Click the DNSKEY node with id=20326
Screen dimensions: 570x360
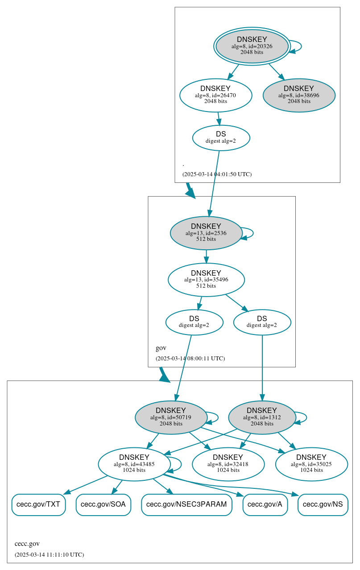click(252, 46)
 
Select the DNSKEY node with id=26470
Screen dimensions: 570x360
click(216, 95)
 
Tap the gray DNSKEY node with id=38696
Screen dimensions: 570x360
click(299, 95)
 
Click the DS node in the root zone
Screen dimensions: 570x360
click(221, 138)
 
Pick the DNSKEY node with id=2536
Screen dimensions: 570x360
click(206, 233)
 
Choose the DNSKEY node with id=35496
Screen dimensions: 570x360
click(206, 280)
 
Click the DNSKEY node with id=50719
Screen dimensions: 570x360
click(171, 417)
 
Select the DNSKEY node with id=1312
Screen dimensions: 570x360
click(262, 417)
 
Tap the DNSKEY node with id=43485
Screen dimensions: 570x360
click(134, 464)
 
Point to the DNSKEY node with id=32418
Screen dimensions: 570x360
click(228, 464)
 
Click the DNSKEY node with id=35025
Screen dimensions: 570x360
click(311, 464)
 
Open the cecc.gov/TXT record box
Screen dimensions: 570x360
click(38, 504)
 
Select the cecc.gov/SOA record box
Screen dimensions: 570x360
click(103, 504)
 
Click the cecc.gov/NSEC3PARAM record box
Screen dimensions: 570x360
click(186, 504)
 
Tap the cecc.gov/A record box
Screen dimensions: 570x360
click(265, 504)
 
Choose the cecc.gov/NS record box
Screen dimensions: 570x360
click(323, 504)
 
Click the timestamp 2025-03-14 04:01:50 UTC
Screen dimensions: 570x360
click(217, 174)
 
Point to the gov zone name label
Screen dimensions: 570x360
click(161, 348)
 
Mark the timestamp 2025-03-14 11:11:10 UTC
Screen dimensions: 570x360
click(49, 555)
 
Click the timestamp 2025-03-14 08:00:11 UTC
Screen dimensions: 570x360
click(190, 359)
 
